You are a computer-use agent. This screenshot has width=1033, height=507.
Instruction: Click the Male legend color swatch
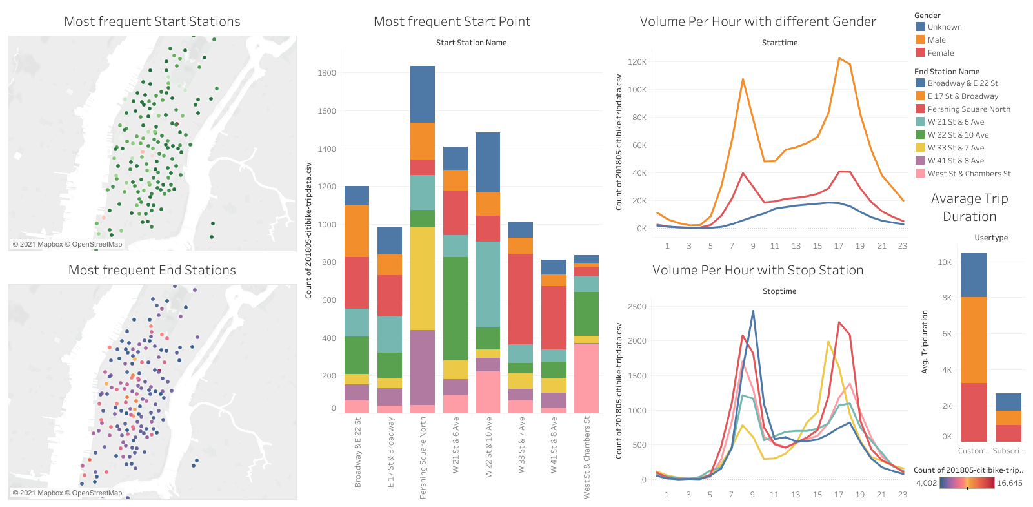point(920,39)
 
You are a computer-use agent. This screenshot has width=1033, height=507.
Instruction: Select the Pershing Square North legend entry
point(968,109)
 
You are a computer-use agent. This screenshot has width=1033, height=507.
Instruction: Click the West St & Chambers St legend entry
point(968,174)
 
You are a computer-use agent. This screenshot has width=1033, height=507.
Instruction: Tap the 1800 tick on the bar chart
point(326,73)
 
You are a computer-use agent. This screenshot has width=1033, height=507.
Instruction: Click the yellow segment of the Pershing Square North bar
point(423,278)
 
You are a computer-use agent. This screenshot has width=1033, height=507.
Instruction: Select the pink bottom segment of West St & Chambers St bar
point(587,378)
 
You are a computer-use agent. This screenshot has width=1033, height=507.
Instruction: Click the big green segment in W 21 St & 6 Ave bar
point(456,308)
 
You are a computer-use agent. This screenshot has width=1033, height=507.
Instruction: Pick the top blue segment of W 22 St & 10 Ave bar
point(488,161)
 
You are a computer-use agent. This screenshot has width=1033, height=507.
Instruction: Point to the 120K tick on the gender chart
point(637,62)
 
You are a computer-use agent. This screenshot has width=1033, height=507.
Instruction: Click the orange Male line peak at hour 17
point(839,59)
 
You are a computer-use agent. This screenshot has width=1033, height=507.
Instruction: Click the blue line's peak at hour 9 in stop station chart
point(753,311)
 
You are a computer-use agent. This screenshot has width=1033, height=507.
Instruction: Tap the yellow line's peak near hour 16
point(828,342)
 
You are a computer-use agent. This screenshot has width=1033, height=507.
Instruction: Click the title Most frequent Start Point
point(452,21)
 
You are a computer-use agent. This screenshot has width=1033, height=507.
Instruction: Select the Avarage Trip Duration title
point(969,207)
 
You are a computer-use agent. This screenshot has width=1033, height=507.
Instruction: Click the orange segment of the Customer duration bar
point(974,340)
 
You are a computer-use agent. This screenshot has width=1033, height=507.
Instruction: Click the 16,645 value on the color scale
point(1009,483)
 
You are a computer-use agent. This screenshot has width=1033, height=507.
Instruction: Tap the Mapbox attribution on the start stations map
point(67,244)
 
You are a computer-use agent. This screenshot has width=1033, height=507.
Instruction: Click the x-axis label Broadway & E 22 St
point(358,451)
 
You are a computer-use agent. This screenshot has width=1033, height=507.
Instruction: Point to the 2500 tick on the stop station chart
point(637,307)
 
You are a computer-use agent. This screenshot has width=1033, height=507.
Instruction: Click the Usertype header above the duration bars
point(991,238)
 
